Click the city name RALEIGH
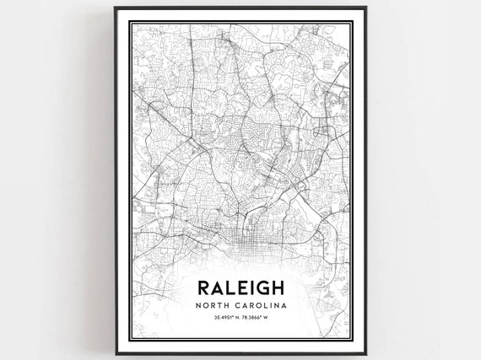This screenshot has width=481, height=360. [x=240, y=284]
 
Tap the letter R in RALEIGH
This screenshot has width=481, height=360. [x=203, y=284]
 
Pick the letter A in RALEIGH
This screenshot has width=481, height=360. [x=218, y=284]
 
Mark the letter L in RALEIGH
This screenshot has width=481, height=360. [x=230, y=284]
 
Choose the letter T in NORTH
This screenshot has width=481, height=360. [x=219, y=304]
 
